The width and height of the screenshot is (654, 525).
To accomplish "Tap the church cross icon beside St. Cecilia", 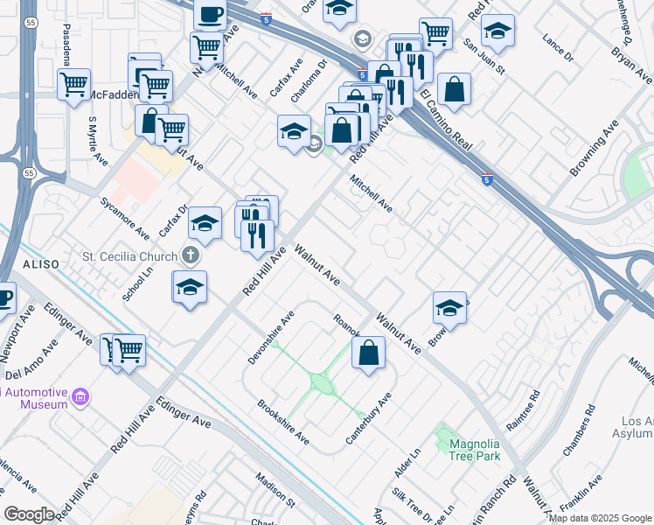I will pos(191,256).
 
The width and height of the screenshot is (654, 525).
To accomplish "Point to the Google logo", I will pos(29,514).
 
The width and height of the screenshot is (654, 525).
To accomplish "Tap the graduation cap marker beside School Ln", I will pos(190,287).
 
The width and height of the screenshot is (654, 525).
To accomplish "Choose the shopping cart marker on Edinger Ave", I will pos(129,350).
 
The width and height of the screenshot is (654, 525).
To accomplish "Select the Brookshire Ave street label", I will pos(282,421).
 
